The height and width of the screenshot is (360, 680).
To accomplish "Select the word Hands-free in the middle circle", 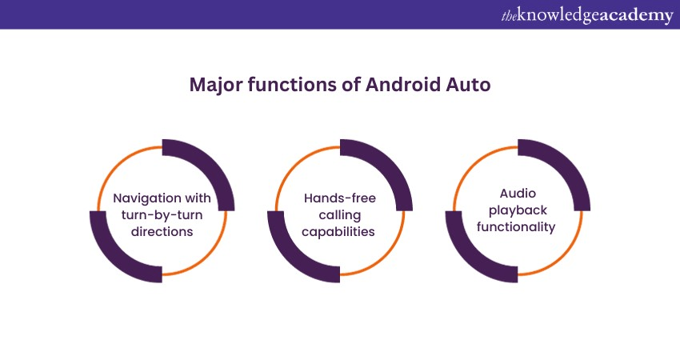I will pos(340,198).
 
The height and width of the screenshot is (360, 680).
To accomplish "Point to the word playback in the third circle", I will pos(517,210).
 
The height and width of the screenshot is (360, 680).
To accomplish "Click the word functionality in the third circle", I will pos(517,227).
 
